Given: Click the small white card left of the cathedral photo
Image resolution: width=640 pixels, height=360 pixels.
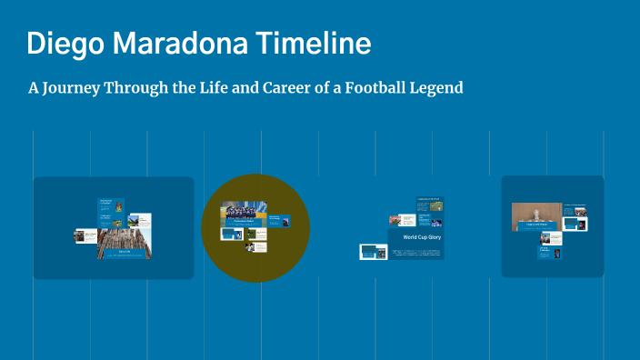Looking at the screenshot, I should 85,235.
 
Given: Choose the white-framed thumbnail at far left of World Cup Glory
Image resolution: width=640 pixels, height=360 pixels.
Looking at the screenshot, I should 373,252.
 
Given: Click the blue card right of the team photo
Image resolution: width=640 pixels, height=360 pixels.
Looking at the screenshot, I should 280,221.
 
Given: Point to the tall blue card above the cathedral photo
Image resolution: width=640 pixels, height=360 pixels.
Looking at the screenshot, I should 111,211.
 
